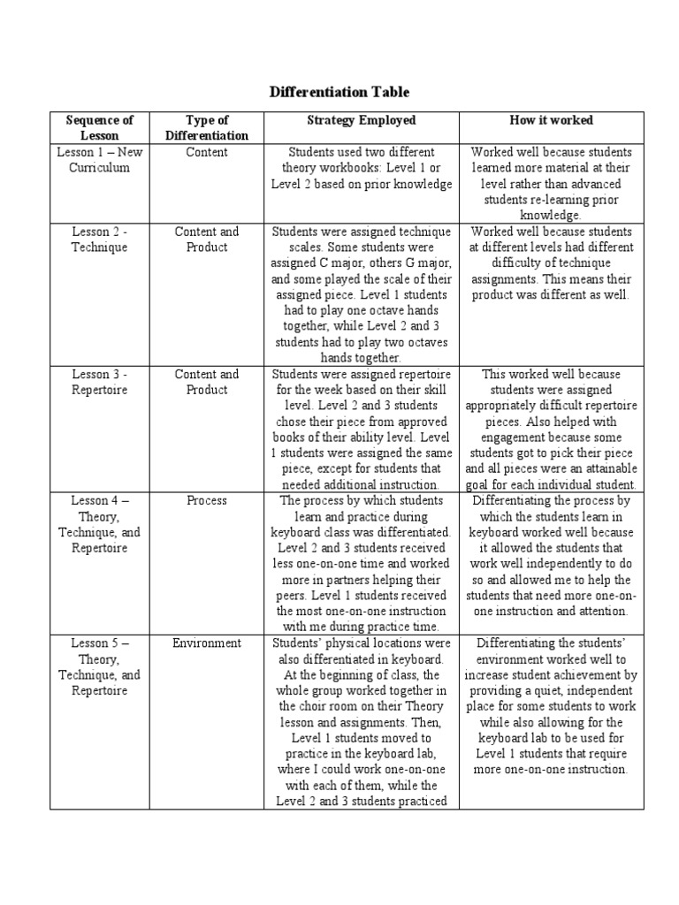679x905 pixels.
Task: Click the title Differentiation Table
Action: pyautogui.click(x=339, y=92)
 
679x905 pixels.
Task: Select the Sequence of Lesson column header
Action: pyautogui.click(x=99, y=127)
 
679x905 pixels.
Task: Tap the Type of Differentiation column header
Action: pyautogui.click(x=207, y=127)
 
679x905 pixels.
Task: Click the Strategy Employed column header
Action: pyautogui.click(x=361, y=120)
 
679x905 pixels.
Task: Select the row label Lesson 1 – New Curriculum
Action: pyautogui.click(x=99, y=160)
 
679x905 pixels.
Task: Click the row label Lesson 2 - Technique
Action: pyautogui.click(x=99, y=240)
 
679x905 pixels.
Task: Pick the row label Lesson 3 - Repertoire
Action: pyautogui.click(x=99, y=382)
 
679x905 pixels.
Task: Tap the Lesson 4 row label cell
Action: pyautogui.click(x=99, y=524)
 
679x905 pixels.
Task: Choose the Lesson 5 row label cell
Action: pyautogui.click(x=99, y=666)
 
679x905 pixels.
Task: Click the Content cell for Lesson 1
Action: pyautogui.click(x=207, y=152)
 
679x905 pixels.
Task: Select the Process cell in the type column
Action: pyautogui.click(x=207, y=500)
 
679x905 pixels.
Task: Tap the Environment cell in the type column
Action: pyautogui.click(x=207, y=643)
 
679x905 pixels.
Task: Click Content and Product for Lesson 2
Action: pyautogui.click(x=207, y=240)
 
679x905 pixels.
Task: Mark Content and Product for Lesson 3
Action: pyautogui.click(x=207, y=382)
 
